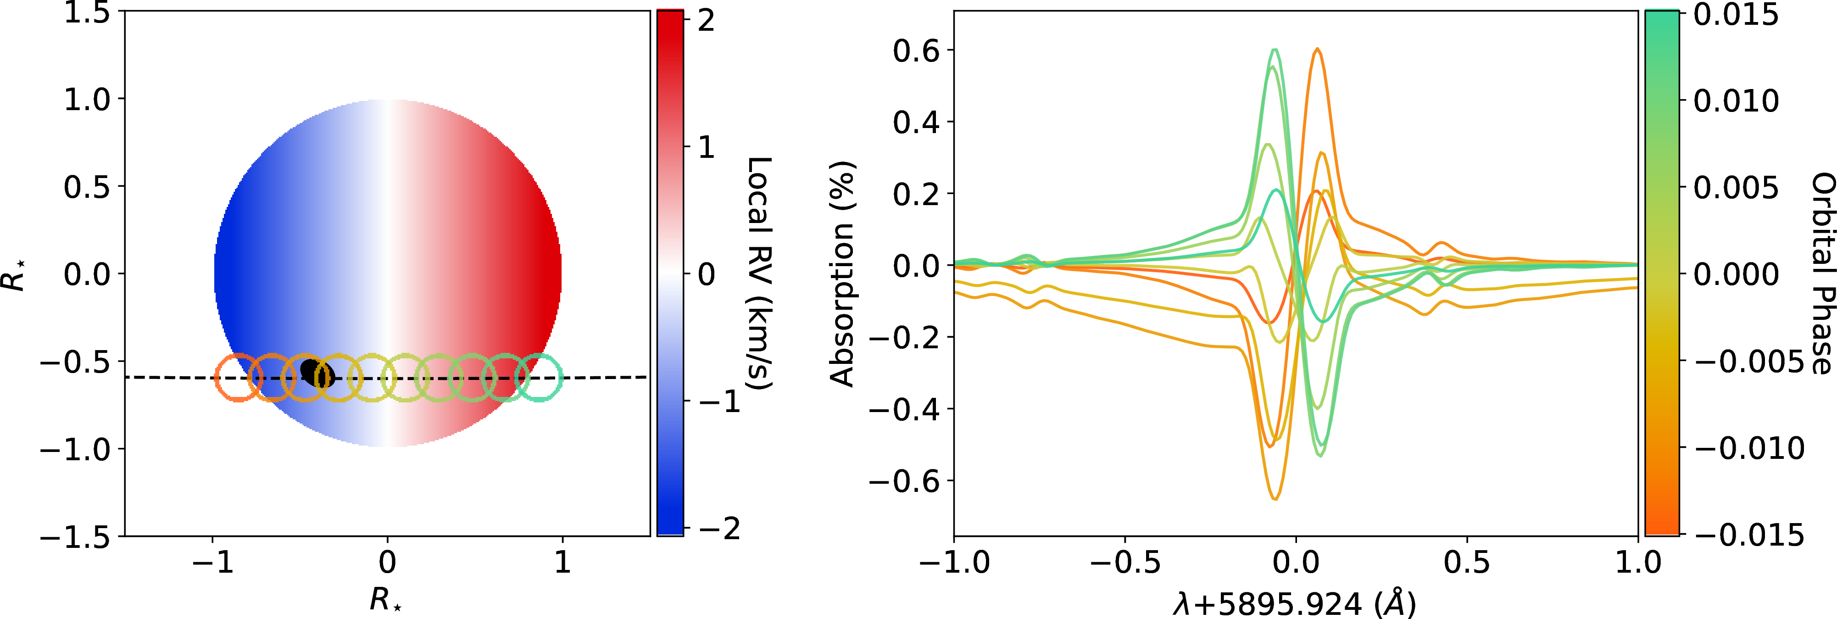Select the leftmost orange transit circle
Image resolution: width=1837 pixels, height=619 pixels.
[239, 377]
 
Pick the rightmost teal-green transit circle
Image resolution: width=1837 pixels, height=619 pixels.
[539, 377]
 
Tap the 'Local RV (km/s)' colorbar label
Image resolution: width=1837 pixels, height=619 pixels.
[759, 273]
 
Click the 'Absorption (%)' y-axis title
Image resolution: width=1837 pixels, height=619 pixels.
[842, 273]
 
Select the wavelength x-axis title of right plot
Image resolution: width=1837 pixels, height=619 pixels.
[1294, 603]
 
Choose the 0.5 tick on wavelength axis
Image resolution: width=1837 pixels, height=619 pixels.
[1467, 563]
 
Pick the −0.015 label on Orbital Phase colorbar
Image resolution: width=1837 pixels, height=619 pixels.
[1748, 534]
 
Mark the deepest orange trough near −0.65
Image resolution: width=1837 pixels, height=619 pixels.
[1275, 498]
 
